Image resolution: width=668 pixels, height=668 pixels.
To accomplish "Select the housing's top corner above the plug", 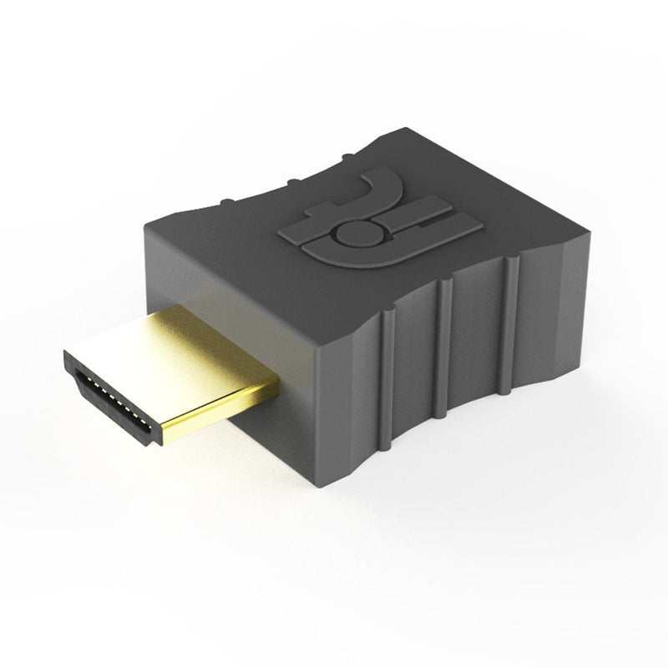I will coord(146,219).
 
